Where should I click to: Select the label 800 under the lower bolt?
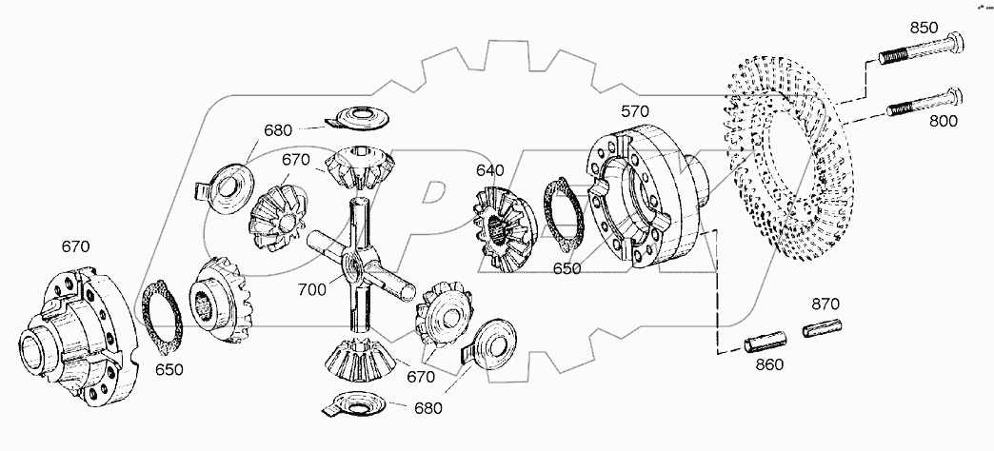click(943, 121)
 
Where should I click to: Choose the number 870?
click(826, 305)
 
